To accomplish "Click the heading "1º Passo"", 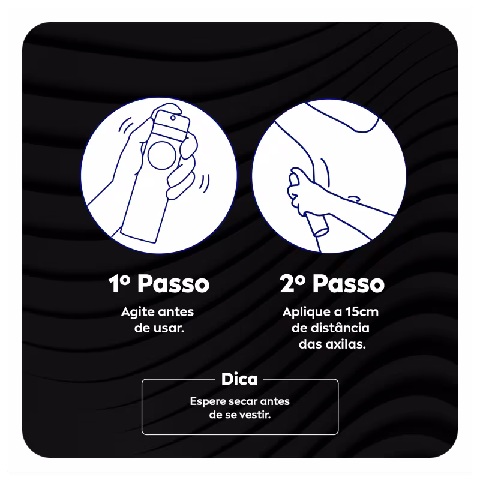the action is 159,283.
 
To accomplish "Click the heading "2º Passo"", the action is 332,283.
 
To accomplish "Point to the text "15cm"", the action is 362,312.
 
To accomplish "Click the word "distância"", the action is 340,328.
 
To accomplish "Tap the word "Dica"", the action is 239,379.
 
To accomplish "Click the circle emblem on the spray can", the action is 162,155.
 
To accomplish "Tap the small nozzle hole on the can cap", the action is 173,118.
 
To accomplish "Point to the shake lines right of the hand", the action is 205,184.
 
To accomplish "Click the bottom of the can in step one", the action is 139,238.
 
